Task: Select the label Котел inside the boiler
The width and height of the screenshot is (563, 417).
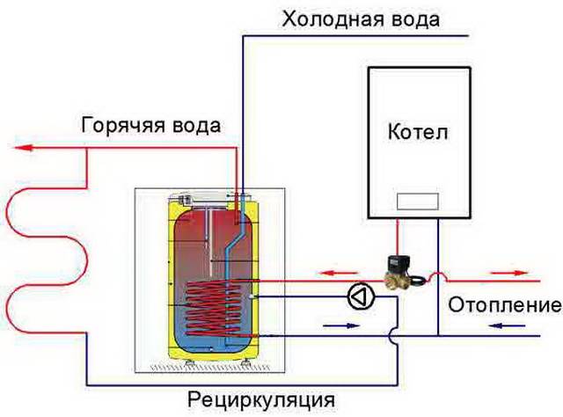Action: pyautogui.click(x=417, y=134)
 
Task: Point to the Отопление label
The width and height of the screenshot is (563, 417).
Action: pyautogui.click(x=503, y=305)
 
